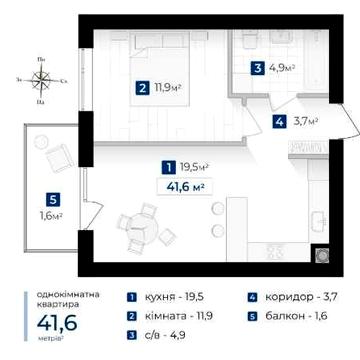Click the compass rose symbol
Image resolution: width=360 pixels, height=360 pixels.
click(41, 79)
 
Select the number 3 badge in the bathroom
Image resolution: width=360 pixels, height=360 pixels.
click(258, 69)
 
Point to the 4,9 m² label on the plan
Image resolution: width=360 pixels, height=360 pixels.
click(282, 69)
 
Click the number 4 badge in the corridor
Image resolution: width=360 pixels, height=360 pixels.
click(278, 122)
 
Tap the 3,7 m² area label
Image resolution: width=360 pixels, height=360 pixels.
click(305, 122)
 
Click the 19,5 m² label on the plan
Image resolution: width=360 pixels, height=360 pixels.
click(196, 167)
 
